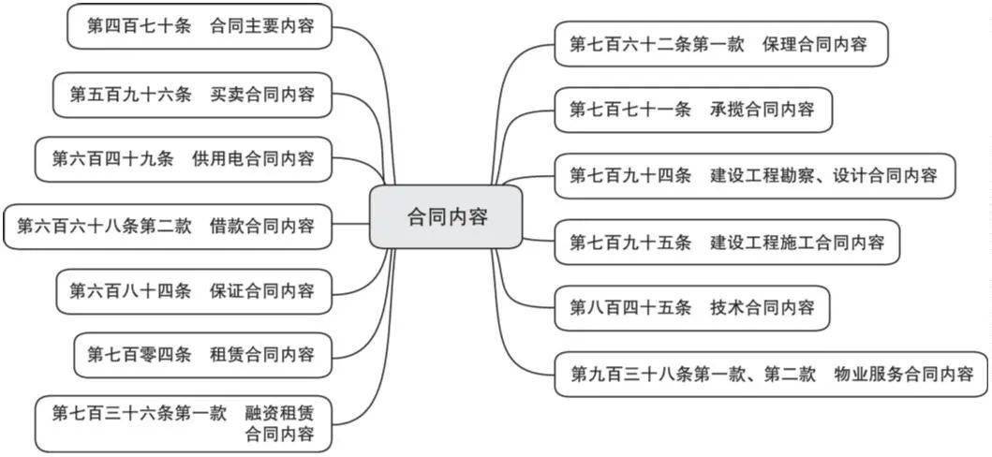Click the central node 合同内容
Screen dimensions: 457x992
click(446, 217)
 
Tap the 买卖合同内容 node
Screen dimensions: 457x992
click(192, 95)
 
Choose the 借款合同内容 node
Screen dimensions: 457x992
click(168, 226)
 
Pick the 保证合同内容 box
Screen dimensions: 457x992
click(192, 291)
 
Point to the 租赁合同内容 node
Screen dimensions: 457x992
click(201, 355)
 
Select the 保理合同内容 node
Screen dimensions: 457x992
click(720, 43)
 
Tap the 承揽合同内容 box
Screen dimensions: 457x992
click(692, 110)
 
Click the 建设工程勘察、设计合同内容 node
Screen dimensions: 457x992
click(754, 175)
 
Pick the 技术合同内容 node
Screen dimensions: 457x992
click(692, 307)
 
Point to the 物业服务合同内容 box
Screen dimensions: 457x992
click(772, 375)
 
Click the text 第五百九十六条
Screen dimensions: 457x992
click(130, 95)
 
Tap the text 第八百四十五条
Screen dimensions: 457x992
click(630, 307)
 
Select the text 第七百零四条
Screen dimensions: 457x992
click(140, 355)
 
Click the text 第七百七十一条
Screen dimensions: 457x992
click(630, 110)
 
